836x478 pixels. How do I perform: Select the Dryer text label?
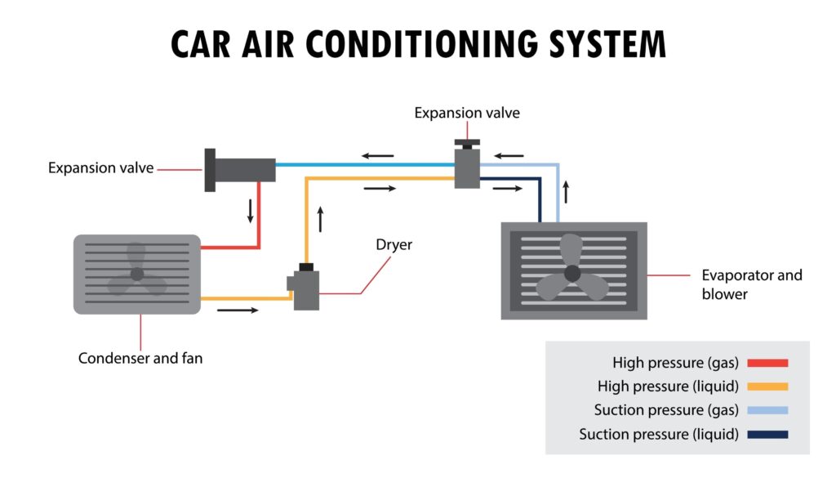pyautogui.click(x=394, y=244)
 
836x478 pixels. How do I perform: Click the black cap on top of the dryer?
pyautogui.click(x=308, y=267)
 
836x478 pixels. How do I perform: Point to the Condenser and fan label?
pyautogui.click(x=140, y=358)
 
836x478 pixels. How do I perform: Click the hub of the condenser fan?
pyautogui.click(x=136, y=274)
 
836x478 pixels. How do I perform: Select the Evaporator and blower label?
pyautogui.click(x=752, y=284)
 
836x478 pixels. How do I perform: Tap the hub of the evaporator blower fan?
pyautogui.click(x=572, y=272)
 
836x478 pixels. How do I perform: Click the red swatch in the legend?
pyautogui.click(x=767, y=363)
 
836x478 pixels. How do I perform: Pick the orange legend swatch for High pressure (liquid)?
pyautogui.click(x=767, y=386)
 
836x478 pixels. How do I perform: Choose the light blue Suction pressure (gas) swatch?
pyautogui.click(x=767, y=410)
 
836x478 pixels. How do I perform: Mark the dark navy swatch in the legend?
pyautogui.click(x=767, y=434)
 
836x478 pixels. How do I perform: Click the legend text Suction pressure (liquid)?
pyautogui.click(x=659, y=434)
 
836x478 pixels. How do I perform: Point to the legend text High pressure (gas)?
pyautogui.click(x=676, y=363)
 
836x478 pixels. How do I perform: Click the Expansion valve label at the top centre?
pyautogui.click(x=467, y=113)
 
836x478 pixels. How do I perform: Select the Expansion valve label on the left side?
pyautogui.click(x=101, y=168)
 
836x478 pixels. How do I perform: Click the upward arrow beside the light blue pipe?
pyautogui.click(x=565, y=194)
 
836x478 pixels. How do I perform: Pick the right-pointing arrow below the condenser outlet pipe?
pyautogui.click(x=238, y=310)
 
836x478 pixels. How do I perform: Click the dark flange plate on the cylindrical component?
pyautogui.click(x=210, y=169)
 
